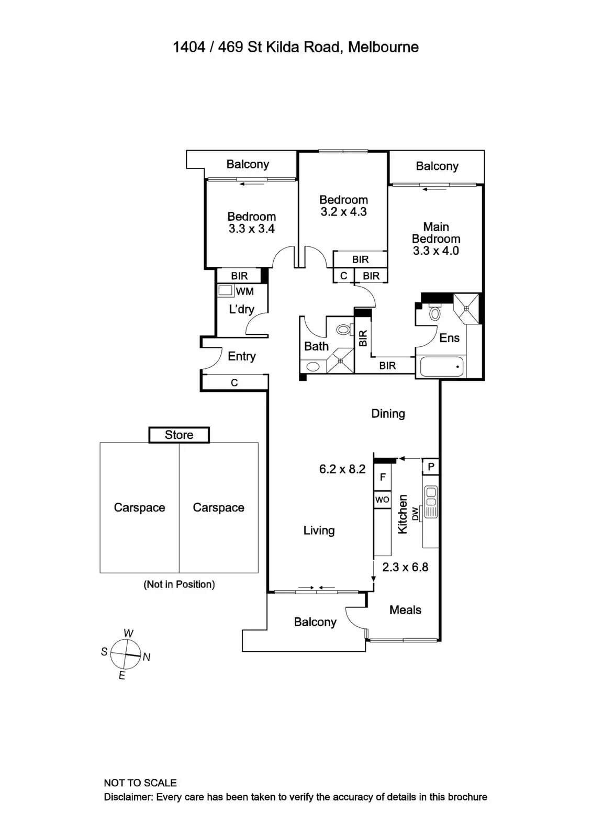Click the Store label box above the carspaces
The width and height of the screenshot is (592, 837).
tap(179, 435)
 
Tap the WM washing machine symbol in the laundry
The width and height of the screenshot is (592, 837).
tap(226, 291)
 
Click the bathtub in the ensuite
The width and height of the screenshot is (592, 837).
tap(441, 367)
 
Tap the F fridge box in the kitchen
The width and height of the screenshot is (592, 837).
tap(383, 477)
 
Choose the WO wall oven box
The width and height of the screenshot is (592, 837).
tap(382, 500)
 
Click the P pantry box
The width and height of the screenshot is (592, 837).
tap(431, 466)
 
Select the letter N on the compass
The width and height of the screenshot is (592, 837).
tap(147, 657)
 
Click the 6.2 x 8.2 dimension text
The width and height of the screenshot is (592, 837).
tap(342, 469)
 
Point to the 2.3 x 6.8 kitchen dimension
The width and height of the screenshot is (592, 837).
tap(405, 567)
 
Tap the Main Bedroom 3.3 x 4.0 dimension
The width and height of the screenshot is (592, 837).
tap(435, 251)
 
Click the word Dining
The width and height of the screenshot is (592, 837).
tap(388, 413)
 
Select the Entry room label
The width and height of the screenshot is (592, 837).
tap(241, 356)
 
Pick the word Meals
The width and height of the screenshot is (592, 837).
tap(405, 609)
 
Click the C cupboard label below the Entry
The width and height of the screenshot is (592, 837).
tap(234, 383)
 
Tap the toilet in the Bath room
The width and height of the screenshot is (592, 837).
tap(343, 330)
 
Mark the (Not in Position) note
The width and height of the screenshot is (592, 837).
tap(179, 584)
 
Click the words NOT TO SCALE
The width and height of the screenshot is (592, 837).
tap(140, 783)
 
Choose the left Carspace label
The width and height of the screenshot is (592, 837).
tap(139, 507)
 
